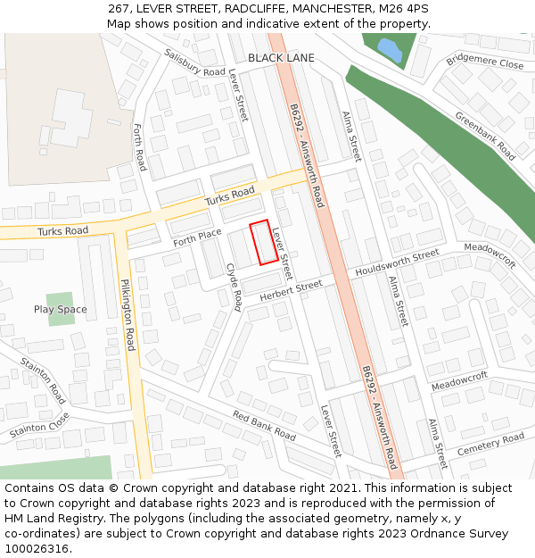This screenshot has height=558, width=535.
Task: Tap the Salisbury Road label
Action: [x=194, y=62]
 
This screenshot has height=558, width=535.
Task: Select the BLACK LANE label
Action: [x=281, y=58]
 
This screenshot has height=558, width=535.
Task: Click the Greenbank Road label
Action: [x=485, y=137]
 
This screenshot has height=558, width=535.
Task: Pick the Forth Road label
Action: [x=139, y=147]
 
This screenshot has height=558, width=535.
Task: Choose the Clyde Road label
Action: [x=234, y=287]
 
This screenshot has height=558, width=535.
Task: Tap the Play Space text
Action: [x=61, y=310]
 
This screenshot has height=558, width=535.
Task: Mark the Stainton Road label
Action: [x=44, y=381]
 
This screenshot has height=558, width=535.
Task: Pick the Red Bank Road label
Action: [x=264, y=426]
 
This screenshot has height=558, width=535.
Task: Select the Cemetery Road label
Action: [x=490, y=444]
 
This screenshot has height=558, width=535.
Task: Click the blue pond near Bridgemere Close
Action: [x=389, y=50]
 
